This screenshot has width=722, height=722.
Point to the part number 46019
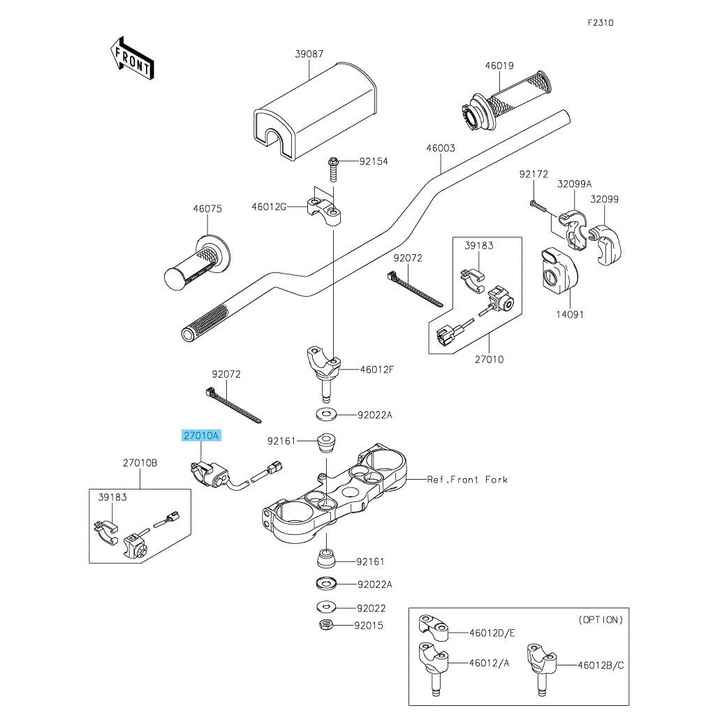pyautogui.click(x=499, y=66)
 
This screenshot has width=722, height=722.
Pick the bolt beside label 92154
pyautogui.click(x=333, y=167)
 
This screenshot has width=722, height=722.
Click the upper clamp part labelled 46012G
pyautogui.click(x=324, y=209)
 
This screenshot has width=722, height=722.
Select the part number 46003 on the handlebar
pyautogui.click(x=441, y=149)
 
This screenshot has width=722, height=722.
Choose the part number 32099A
pyautogui.click(x=574, y=184)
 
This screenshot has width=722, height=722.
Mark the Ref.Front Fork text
pyautogui.click(x=467, y=480)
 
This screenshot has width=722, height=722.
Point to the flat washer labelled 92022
pyautogui.click(x=325, y=607)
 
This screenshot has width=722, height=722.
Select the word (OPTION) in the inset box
pyautogui.click(x=601, y=619)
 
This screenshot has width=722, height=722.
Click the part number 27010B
pyautogui.click(x=140, y=463)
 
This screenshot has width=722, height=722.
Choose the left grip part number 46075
pyautogui.click(x=207, y=208)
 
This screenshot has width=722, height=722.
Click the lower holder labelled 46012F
pyautogui.click(x=324, y=364)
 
